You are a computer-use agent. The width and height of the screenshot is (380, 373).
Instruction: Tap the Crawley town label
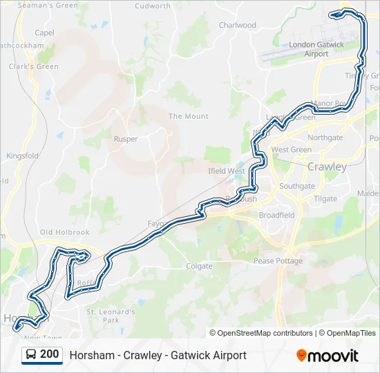(327, 167)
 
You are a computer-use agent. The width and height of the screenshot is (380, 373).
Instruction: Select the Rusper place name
(126, 139)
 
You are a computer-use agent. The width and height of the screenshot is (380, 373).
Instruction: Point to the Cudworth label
(153, 6)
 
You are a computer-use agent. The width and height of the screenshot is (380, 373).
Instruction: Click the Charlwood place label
(237, 25)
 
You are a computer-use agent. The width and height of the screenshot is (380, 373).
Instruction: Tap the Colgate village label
(199, 266)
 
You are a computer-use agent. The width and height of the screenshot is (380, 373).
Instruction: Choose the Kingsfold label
(22, 156)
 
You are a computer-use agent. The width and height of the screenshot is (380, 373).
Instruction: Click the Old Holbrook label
(65, 233)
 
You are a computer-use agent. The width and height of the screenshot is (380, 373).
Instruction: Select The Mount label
(189, 117)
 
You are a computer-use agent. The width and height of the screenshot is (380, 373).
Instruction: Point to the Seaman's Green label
(48, 6)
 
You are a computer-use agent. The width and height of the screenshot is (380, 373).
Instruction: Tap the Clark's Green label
(33, 67)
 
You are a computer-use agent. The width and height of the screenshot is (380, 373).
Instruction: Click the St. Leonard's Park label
(111, 316)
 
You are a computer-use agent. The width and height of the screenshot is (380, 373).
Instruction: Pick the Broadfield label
(276, 216)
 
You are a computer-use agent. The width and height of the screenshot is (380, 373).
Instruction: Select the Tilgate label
(325, 199)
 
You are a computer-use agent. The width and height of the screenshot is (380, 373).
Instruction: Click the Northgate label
(325, 137)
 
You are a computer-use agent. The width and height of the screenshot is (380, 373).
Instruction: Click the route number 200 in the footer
(50, 354)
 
